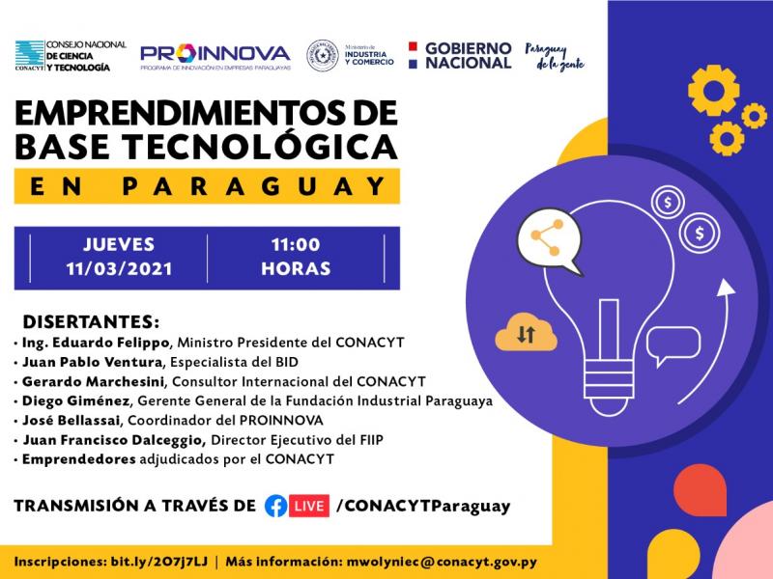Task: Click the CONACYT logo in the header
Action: (71, 56)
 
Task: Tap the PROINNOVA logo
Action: (215, 57)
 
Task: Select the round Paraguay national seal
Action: (323, 56)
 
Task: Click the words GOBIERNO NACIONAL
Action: (469, 56)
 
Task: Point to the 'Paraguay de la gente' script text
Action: (555, 57)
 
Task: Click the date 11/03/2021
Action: (119, 269)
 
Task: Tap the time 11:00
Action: (296, 245)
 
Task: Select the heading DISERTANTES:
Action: (91, 321)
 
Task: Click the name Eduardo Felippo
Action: (110, 343)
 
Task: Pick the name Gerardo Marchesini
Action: (93, 381)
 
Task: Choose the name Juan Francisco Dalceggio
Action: (114, 440)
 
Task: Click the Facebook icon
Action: (276, 506)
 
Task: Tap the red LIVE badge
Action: (309, 506)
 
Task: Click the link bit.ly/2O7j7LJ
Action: (158, 562)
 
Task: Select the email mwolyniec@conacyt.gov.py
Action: (442, 562)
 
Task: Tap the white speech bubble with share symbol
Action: (549, 240)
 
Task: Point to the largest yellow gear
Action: (713, 90)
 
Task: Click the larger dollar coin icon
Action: (699, 233)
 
